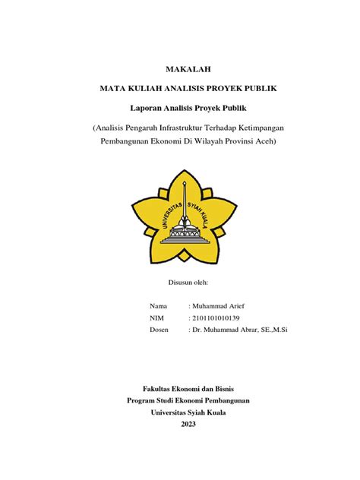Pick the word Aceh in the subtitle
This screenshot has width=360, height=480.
(x=263, y=142)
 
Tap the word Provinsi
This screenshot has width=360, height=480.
(x=232, y=142)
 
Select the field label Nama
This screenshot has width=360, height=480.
(x=159, y=306)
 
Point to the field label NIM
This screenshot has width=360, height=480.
(x=157, y=318)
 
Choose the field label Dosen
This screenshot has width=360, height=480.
(x=159, y=330)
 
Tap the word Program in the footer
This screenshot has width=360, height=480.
(x=141, y=401)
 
